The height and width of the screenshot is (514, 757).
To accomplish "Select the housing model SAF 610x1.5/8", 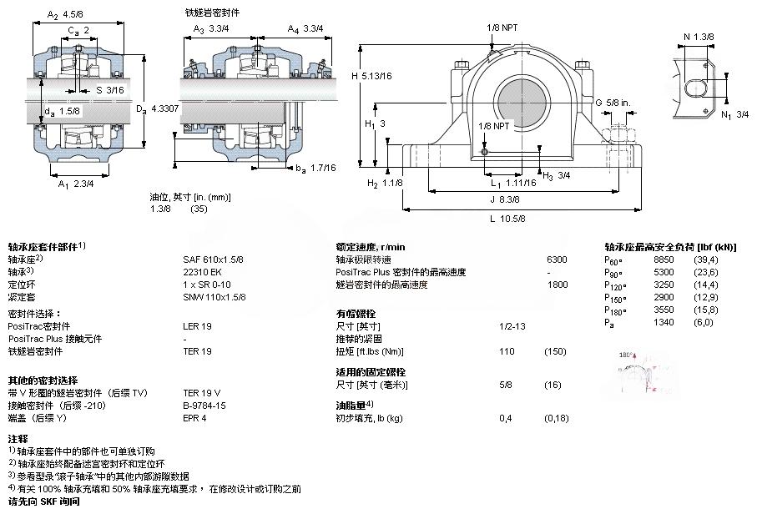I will tap(214, 260).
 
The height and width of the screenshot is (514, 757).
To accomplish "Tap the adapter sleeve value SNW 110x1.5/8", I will tap(214, 297).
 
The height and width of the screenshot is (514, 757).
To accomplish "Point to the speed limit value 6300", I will tap(556, 260).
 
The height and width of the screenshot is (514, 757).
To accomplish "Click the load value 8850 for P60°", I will tap(663, 260).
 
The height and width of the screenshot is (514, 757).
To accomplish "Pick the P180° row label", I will tap(615, 310).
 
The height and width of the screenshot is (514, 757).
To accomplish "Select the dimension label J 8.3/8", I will tap(504, 200).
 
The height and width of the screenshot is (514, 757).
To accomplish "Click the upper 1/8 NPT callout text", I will tap(502, 28).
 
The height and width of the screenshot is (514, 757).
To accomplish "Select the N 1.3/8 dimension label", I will tap(698, 36).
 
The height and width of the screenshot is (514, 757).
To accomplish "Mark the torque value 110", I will tap(506, 351).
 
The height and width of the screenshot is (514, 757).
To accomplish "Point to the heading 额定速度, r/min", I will tap(370, 247).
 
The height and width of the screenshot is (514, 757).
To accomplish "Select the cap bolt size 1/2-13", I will tap(512, 326).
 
